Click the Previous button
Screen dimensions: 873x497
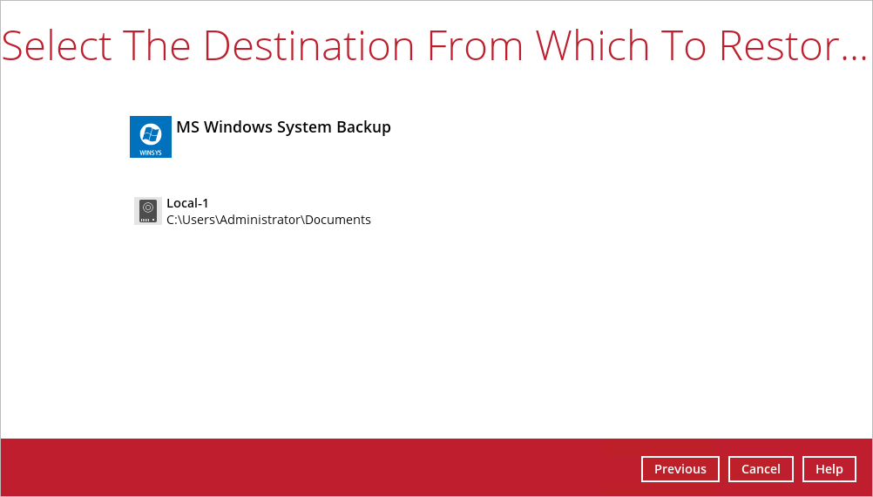click(x=680, y=469)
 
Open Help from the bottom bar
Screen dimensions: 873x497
click(x=829, y=469)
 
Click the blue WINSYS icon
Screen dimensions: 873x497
click(x=151, y=137)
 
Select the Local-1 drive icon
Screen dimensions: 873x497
click(x=147, y=211)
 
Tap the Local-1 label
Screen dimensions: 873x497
click(x=187, y=203)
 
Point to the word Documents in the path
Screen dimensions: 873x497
click(x=338, y=220)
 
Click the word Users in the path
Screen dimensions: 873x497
click(x=197, y=220)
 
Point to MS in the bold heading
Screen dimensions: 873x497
click(x=188, y=127)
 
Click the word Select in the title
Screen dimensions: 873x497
click(x=58, y=45)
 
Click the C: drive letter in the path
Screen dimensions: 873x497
click(x=171, y=220)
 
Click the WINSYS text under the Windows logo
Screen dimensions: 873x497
click(x=151, y=152)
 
